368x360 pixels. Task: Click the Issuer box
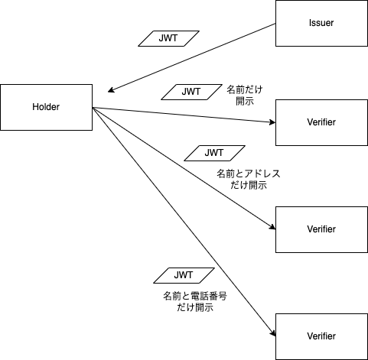[x=321, y=23]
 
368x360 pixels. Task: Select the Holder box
[x=46, y=107]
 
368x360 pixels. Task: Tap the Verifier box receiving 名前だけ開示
[x=321, y=122]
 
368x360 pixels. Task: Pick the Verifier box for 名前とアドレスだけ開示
[x=321, y=229]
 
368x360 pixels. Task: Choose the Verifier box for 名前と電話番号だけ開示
[x=321, y=336]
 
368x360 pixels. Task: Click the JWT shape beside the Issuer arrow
[x=168, y=38]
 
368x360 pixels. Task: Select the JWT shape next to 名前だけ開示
[x=191, y=92]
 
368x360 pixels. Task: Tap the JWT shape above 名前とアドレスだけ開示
[x=214, y=153]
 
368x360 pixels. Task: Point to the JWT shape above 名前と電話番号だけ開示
[x=184, y=275]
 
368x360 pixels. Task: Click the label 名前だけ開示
[x=245, y=96]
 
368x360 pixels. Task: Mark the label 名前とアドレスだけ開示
[x=249, y=180]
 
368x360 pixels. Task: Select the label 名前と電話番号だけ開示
[x=195, y=302]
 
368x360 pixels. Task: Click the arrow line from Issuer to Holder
[x=191, y=57]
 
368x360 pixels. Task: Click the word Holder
[x=46, y=107]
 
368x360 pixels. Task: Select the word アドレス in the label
[x=262, y=174]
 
